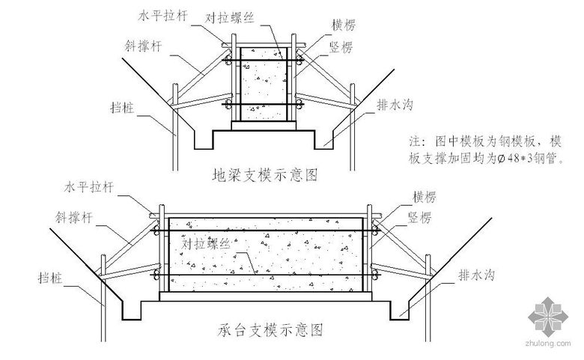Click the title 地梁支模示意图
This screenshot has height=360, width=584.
pyautogui.click(x=265, y=175)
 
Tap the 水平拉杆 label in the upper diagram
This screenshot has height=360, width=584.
pyautogui.click(x=162, y=15)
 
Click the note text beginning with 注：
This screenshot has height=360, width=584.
pyautogui.click(x=484, y=149)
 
